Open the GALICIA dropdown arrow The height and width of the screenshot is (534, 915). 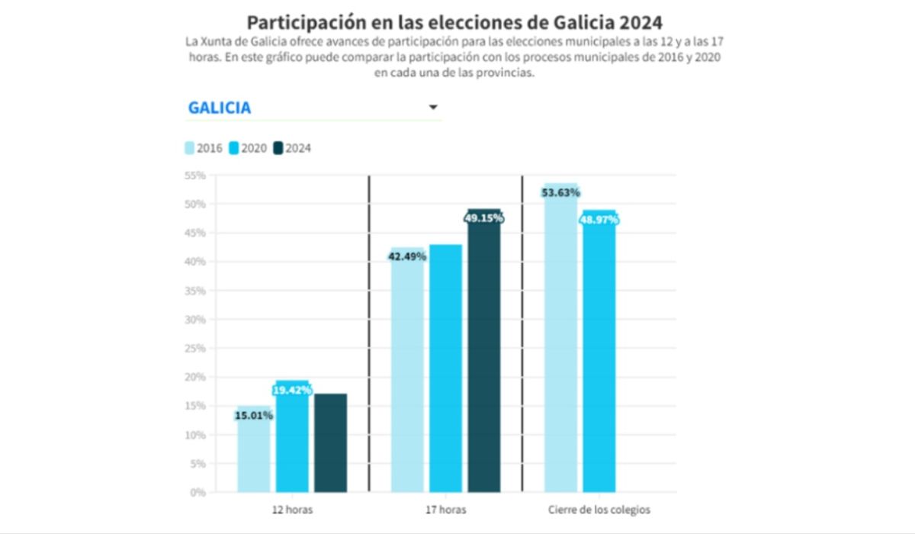pos(433,108)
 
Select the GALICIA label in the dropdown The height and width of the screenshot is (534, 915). pos(220,108)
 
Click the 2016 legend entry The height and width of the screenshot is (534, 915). pos(204,148)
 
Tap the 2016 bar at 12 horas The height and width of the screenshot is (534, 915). pos(254,458)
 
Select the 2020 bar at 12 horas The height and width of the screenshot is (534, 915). pos(293,450)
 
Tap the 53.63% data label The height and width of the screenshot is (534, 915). pos(560,192)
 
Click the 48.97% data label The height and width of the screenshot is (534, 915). pos(599,220)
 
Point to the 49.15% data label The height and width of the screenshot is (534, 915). pos(484,218)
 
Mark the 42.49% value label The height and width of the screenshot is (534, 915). pos(407,256)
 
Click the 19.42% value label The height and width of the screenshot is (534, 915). pos(293,390)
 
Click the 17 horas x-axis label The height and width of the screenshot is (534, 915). pos(445,510)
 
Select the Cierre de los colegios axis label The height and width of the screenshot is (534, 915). pos(599,510)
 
